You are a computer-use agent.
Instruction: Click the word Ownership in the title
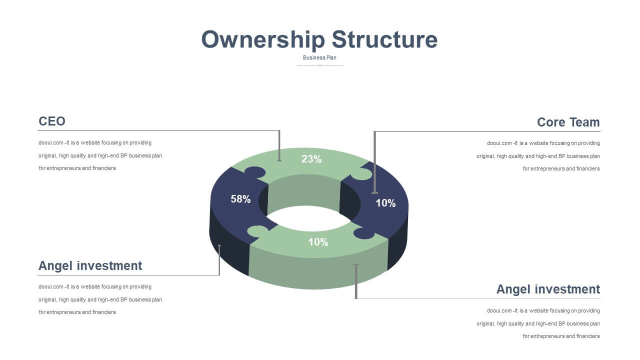(x=263, y=39)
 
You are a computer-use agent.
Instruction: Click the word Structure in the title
(x=384, y=39)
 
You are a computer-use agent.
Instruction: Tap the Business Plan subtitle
(x=319, y=57)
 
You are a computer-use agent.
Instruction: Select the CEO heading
(x=51, y=121)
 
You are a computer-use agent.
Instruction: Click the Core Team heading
(x=568, y=122)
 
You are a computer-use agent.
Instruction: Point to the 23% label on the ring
(x=311, y=159)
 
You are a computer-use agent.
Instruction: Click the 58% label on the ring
(x=240, y=199)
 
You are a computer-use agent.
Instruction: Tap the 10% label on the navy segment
(x=385, y=203)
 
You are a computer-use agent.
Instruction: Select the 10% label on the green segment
(x=318, y=242)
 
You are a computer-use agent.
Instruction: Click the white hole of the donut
(x=308, y=218)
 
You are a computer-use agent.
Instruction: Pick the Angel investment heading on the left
(x=90, y=265)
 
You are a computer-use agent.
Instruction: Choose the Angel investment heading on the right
(x=548, y=289)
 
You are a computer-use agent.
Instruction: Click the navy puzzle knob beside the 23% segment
(x=255, y=172)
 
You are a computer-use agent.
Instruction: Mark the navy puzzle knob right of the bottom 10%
(x=364, y=233)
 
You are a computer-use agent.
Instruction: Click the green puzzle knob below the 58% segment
(x=258, y=231)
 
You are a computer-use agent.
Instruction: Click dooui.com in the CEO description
(x=51, y=142)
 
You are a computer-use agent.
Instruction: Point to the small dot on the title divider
(x=320, y=65)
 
